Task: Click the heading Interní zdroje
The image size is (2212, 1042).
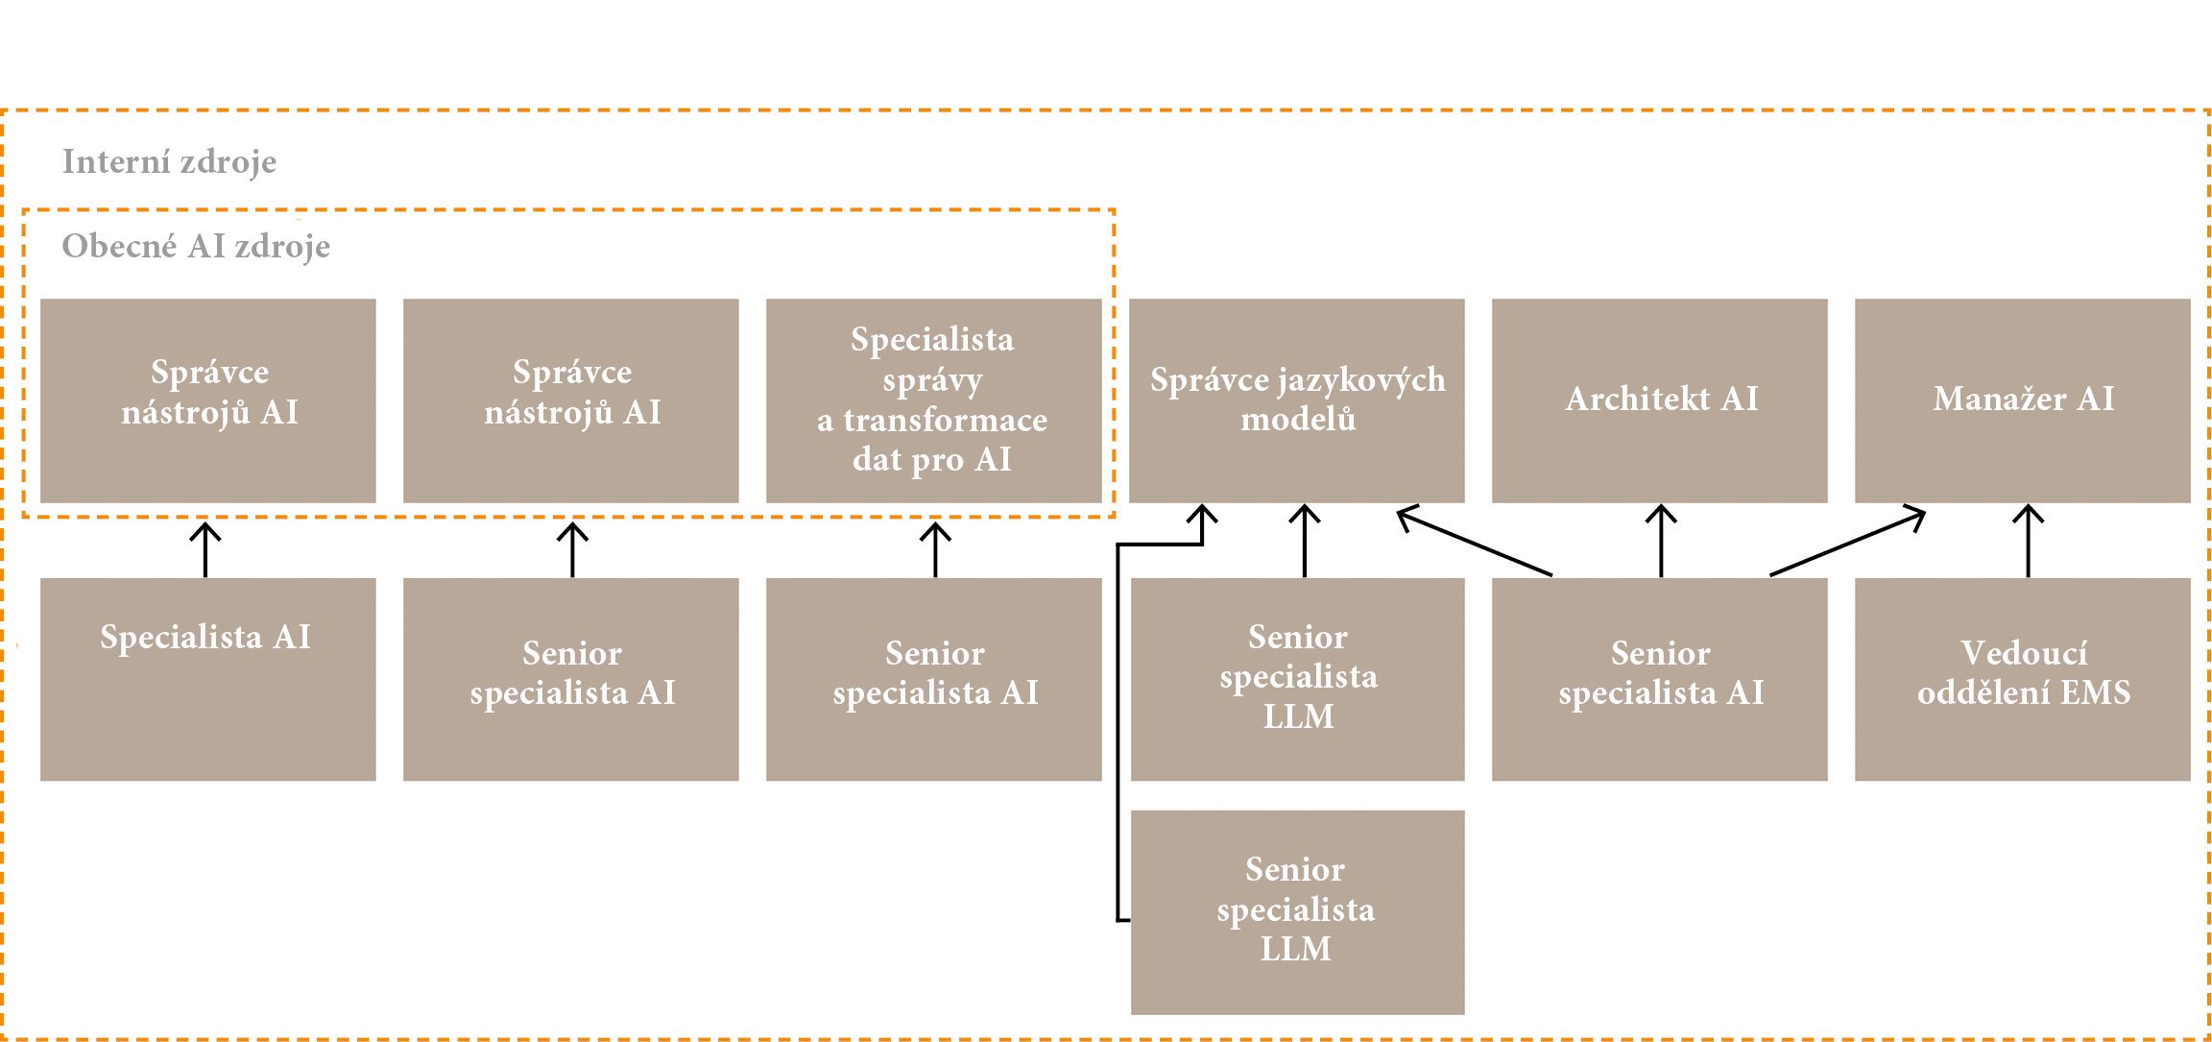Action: (x=169, y=161)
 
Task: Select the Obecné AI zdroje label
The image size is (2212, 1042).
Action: (x=196, y=246)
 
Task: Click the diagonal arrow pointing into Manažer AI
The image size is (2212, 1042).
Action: (x=1847, y=545)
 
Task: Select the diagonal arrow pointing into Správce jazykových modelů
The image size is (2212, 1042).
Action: (x=1475, y=543)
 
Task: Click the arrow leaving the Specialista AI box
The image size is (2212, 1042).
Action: (x=205, y=549)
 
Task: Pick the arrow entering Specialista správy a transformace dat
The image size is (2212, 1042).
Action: (x=935, y=549)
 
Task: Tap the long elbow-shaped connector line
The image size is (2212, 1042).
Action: (x=1118, y=730)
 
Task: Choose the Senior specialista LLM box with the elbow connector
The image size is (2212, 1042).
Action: (x=1297, y=911)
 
